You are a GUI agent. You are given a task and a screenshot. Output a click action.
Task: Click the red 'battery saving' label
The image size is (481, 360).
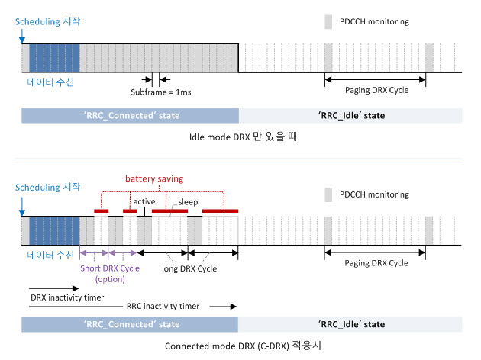(x=154, y=178)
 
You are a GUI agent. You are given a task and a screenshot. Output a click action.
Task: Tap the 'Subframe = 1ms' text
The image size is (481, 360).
(x=161, y=92)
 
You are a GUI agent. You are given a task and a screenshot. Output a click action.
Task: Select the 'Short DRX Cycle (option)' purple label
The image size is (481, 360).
(x=110, y=274)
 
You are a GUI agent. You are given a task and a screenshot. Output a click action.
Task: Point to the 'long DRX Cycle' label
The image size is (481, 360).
(x=189, y=268)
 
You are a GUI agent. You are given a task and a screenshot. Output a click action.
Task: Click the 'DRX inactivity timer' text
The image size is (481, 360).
(x=67, y=297)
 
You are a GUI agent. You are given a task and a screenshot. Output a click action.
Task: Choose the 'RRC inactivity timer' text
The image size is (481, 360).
(x=163, y=306)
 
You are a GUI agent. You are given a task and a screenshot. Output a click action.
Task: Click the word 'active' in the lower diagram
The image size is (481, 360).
(x=144, y=201)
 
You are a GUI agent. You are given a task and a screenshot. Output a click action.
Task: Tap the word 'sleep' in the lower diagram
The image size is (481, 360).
(x=188, y=202)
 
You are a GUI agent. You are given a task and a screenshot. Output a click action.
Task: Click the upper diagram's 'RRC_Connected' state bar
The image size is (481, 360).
(x=130, y=115)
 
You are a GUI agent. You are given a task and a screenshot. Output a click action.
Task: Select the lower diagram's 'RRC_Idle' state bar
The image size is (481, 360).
(x=350, y=324)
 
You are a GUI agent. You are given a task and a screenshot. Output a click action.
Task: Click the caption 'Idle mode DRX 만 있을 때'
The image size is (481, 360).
(x=243, y=137)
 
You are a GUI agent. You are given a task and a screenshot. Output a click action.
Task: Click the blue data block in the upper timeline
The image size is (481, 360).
(x=54, y=58)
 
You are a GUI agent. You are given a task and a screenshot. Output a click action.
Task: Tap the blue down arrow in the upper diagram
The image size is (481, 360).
(x=22, y=36)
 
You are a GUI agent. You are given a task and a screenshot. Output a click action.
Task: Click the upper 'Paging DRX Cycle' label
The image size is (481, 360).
(x=376, y=90)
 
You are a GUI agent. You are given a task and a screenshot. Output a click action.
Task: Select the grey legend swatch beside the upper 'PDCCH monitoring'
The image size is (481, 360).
(x=328, y=22)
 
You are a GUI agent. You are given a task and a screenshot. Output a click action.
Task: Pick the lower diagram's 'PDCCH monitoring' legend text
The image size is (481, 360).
(x=374, y=194)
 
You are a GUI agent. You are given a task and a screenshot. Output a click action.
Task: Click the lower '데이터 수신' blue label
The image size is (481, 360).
(x=50, y=255)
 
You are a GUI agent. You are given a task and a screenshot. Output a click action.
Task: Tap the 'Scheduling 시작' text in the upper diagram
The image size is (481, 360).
(x=47, y=21)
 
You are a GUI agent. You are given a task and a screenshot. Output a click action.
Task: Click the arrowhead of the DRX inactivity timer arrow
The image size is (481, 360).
(x=76, y=288)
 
